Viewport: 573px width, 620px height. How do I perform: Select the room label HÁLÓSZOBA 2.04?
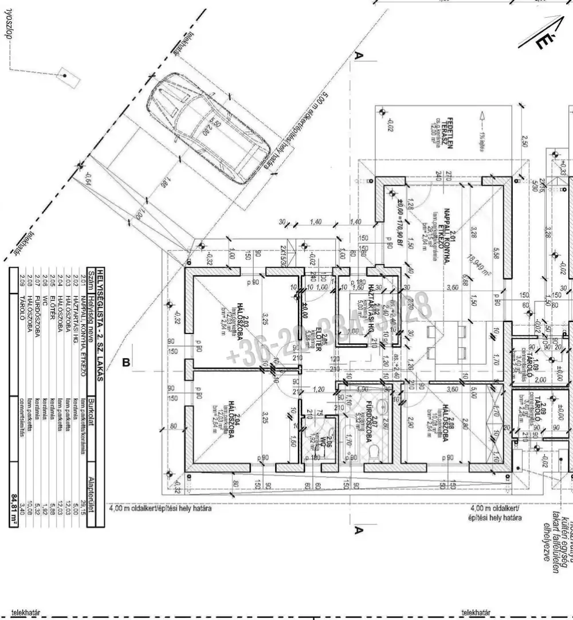pos(231,423)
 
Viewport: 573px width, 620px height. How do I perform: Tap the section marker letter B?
pos(126,362)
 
